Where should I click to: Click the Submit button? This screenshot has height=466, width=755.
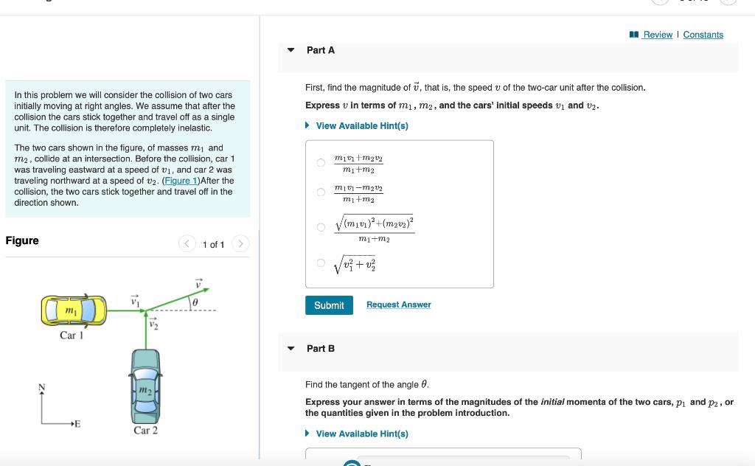329,305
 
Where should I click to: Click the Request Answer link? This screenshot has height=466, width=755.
398,305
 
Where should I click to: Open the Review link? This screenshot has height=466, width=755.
657,35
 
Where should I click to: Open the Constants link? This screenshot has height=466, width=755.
703,35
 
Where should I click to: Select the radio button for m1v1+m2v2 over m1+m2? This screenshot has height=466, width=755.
321,163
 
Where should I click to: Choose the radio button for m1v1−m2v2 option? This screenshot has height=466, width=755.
321,193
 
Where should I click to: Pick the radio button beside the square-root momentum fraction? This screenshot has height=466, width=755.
321,227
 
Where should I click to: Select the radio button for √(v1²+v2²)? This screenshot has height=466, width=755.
321,262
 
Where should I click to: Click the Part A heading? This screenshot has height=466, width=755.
321,50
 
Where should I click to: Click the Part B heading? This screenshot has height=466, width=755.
321,348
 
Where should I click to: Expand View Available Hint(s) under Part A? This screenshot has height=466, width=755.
361,126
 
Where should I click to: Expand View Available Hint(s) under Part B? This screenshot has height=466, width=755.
361,434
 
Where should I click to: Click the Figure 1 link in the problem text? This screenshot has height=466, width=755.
180,181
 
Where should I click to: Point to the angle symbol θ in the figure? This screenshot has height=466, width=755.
195,302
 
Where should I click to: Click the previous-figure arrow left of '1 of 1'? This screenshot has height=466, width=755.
187,244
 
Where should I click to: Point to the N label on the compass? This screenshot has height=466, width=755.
42,388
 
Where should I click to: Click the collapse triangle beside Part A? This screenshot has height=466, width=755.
291,50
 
